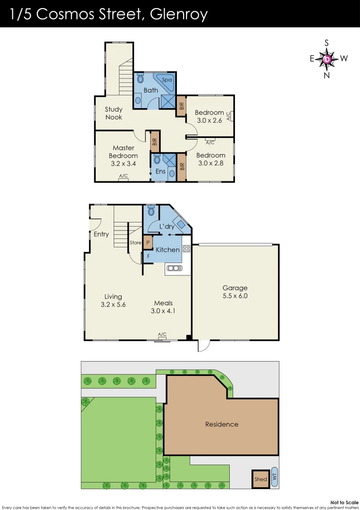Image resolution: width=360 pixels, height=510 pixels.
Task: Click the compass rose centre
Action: (x=327, y=59)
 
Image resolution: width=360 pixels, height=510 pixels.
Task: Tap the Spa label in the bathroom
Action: (x=167, y=80)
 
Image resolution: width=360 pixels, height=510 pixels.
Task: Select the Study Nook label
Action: (x=114, y=113)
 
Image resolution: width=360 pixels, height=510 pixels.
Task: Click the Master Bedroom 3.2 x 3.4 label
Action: (x=123, y=156)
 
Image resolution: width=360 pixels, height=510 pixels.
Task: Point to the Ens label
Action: (x=160, y=171)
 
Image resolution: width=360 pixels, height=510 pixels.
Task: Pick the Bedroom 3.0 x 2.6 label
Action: (x=209, y=116)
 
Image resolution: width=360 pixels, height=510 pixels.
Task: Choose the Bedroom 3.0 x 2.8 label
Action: (x=210, y=159)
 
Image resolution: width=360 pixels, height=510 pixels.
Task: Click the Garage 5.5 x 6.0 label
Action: (x=235, y=292)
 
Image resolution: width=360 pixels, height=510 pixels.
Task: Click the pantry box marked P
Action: (x=148, y=243)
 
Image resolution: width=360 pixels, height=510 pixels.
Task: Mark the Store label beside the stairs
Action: (x=135, y=243)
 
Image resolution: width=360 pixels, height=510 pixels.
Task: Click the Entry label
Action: (x=101, y=234)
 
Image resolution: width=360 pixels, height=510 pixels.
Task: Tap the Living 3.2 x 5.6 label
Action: (x=113, y=301)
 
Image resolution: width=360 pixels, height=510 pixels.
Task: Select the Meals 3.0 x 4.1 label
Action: (x=163, y=307)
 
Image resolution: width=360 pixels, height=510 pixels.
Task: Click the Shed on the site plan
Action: (x=260, y=479)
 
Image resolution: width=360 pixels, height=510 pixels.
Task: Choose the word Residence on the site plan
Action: (x=222, y=424)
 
